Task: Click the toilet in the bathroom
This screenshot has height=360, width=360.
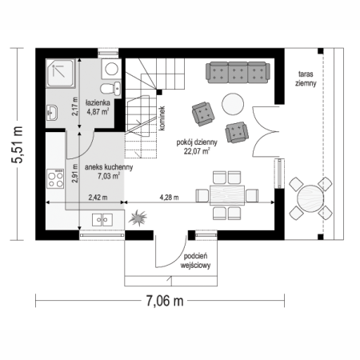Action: pyautogui.click(x=110, y=88)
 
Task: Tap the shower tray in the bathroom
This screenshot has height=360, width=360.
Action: pyautogui.click(x=61, y=74)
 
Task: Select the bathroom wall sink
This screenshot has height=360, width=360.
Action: pyautogui.click(x=51, y=112)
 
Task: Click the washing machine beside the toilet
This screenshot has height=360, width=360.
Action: pyautogui.click(x=111, y=69)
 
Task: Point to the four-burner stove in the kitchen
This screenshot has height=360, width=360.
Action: pyautogui.click(x=55, y=178)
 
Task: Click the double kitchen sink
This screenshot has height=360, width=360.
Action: pyautogui.click(x=102, y=220)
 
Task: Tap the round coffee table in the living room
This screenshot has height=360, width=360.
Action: pyautogui.click(x=233, y=104)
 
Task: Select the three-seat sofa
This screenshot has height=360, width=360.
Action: pyautogui.click(x=238, y=73)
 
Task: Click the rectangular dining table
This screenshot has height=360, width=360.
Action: pyautogui.click(x=227, y=195)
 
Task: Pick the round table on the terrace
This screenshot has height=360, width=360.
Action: pyautogui.click(x=310, y=198)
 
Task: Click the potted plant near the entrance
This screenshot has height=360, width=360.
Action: pyautogui.click(x=138, y=218)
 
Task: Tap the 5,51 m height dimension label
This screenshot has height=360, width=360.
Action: pyautogui.click(x=17, y=144)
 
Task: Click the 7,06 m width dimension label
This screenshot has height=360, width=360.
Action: pyautogui.click(x=165, y=301)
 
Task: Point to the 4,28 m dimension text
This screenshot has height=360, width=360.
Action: pyautogui.click(x=169, y=198)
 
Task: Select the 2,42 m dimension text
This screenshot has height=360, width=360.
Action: pyautogui.click(x=98, y=198)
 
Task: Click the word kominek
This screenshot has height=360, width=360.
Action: pyautogui.click(x=162, y=118)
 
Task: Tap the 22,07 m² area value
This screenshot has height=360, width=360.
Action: pyautogui.click(x=197, y=151)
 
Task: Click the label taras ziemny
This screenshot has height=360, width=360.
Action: pyautogui.click(x=306, y=78)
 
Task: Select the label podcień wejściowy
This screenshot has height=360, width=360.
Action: pyautogui.click(x=195, y=261)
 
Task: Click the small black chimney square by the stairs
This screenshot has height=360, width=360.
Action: pyautogui.click(x=159, y=93)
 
